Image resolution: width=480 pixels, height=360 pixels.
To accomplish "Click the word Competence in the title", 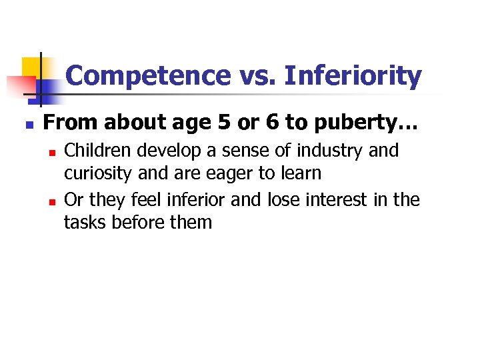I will tap(149, 76).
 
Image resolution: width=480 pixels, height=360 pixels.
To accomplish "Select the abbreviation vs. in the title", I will tap(257, 76).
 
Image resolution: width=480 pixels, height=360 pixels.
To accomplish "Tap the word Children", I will tap(97, 151).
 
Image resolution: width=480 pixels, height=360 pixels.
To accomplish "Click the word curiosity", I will tap(97, 173).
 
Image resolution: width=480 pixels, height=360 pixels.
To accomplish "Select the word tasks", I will tap(83, 222).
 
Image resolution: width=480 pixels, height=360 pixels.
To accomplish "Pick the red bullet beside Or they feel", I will tap(50, 201).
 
